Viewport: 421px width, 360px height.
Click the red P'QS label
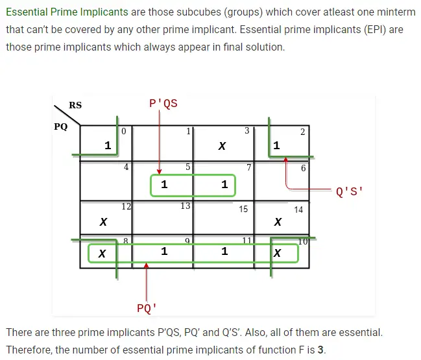pos(163,103)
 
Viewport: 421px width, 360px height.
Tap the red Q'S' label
pos(349,191)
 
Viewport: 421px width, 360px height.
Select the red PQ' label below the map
pos(147,308)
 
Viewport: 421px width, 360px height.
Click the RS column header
pos(75,105)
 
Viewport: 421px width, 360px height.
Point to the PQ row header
pos(61,126)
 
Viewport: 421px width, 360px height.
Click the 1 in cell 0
pos(108,145)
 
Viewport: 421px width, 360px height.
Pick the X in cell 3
pos(222,146)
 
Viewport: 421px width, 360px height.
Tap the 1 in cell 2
pos(276,145)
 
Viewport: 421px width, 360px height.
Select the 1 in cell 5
pos(164,184)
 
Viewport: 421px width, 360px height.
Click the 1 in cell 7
pos(224,184)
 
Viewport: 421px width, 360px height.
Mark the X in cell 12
pos(103,222)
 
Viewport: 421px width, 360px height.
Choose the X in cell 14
pos(278,222)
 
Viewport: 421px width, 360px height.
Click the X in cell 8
pos(102,254)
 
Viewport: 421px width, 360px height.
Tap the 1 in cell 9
pos(164,251)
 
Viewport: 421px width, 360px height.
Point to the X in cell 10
pos(278,253)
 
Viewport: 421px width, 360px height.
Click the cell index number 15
pos(243,209)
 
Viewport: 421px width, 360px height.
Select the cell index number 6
pos(304,168)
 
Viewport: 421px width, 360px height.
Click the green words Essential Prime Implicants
pos(67,12)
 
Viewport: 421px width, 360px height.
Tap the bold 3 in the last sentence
pos(320,350)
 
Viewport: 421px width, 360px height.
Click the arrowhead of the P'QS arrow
pos(159,172)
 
